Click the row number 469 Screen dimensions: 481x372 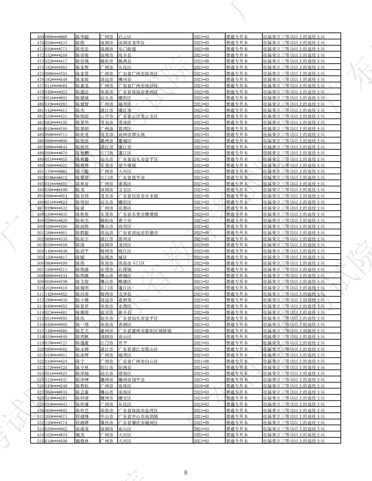(40, 37)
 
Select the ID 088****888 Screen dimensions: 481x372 (56, 37)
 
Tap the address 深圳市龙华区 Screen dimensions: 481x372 (131, 43)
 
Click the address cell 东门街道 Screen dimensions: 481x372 (127, 49)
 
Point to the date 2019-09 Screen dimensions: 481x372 (201, 129)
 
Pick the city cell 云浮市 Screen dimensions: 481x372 (107, 116)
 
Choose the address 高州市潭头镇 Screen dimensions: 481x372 (131, 135)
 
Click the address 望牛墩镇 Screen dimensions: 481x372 (127, 165)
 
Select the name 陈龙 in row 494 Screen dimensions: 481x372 (80, 190)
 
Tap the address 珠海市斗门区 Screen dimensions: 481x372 (131, 263)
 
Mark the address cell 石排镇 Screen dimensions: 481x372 (125, 269)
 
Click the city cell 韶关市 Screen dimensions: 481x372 (107, 312)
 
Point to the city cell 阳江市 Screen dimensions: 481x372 (107, 367)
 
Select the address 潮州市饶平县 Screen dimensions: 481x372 (131, 380)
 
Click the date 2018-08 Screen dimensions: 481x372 (201, 386)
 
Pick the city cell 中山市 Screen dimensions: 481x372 (107, 417)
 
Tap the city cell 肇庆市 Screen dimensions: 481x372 (107, 423)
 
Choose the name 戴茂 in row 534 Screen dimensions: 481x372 (80, 435)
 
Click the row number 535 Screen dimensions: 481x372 (40, 441)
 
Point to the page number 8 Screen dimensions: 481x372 (186, 472)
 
